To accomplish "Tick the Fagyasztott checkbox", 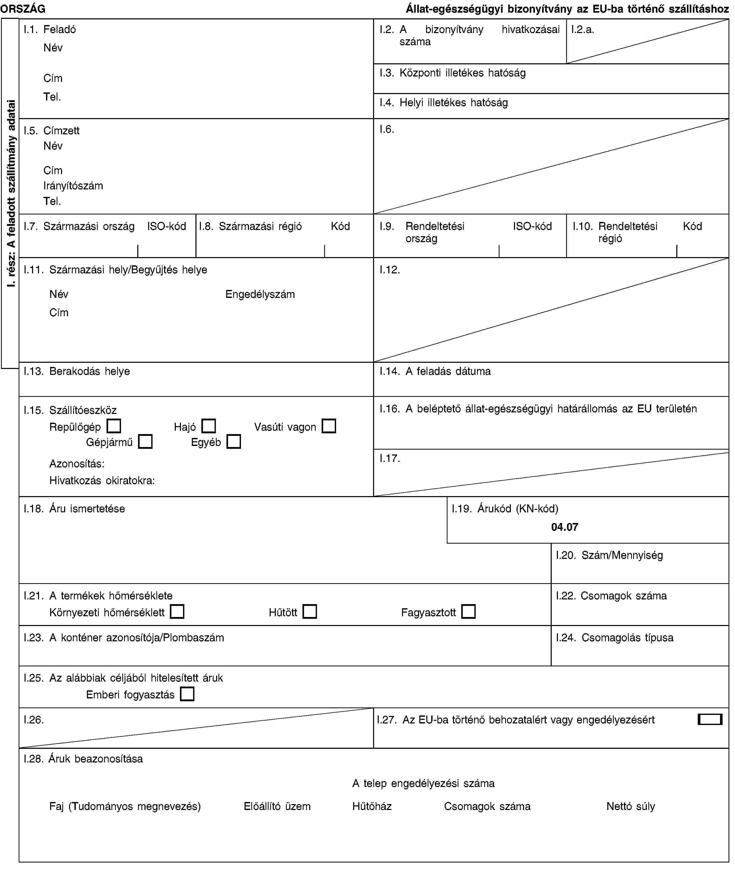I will (x=469, y=612).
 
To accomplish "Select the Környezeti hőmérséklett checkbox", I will (x=177, y=612).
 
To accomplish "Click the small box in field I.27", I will (x=710, y=720).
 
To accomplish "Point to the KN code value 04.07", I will (x=565, y=527).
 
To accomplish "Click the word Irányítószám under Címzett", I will (x=73, y=186).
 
